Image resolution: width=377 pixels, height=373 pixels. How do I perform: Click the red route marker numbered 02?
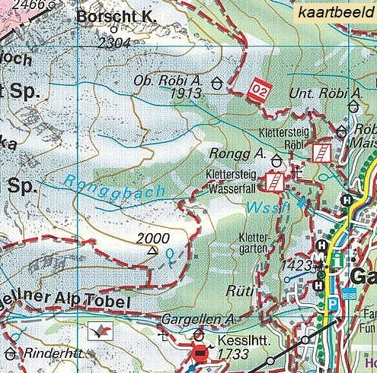(260, 88)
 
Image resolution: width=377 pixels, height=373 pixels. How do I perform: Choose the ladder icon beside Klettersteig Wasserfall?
(273, 181)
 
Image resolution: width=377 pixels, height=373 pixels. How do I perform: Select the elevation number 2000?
(153, 238)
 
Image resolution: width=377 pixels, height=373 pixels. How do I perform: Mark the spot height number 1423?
(296, 265)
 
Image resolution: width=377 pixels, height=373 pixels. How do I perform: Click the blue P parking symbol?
(332, 302)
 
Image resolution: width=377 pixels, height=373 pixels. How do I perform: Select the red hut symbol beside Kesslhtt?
(200, 352)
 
